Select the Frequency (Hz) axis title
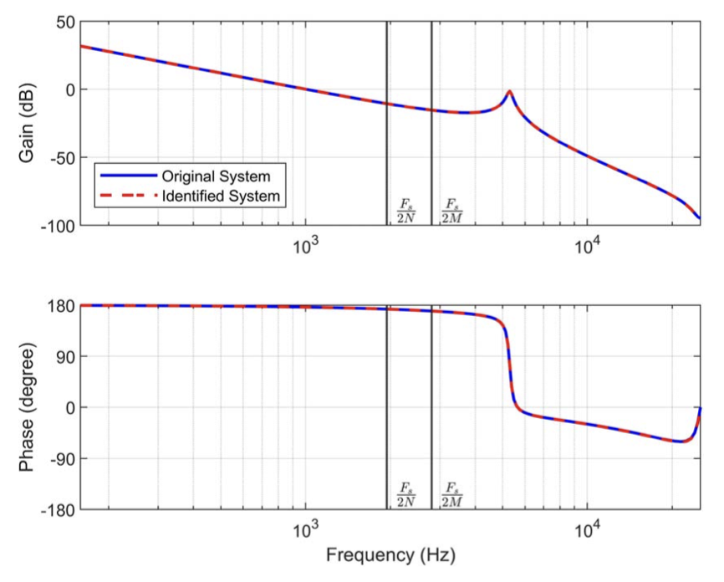click(390, 555)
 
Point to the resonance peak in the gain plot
click(509, 91)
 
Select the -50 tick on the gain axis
click(59, 157)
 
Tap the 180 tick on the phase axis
click(59, 306)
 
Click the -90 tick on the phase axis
click(59, 459)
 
